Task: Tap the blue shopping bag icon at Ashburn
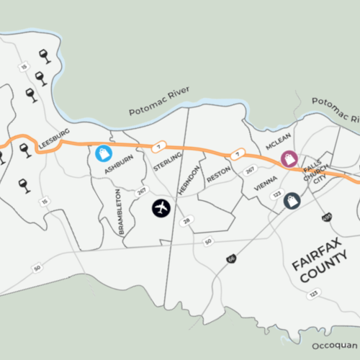coord(104,153)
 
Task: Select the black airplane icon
coord(161,208)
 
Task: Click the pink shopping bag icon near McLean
coord(289,158)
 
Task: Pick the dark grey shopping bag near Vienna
coord(292,201)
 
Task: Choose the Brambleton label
coord(120,212)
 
